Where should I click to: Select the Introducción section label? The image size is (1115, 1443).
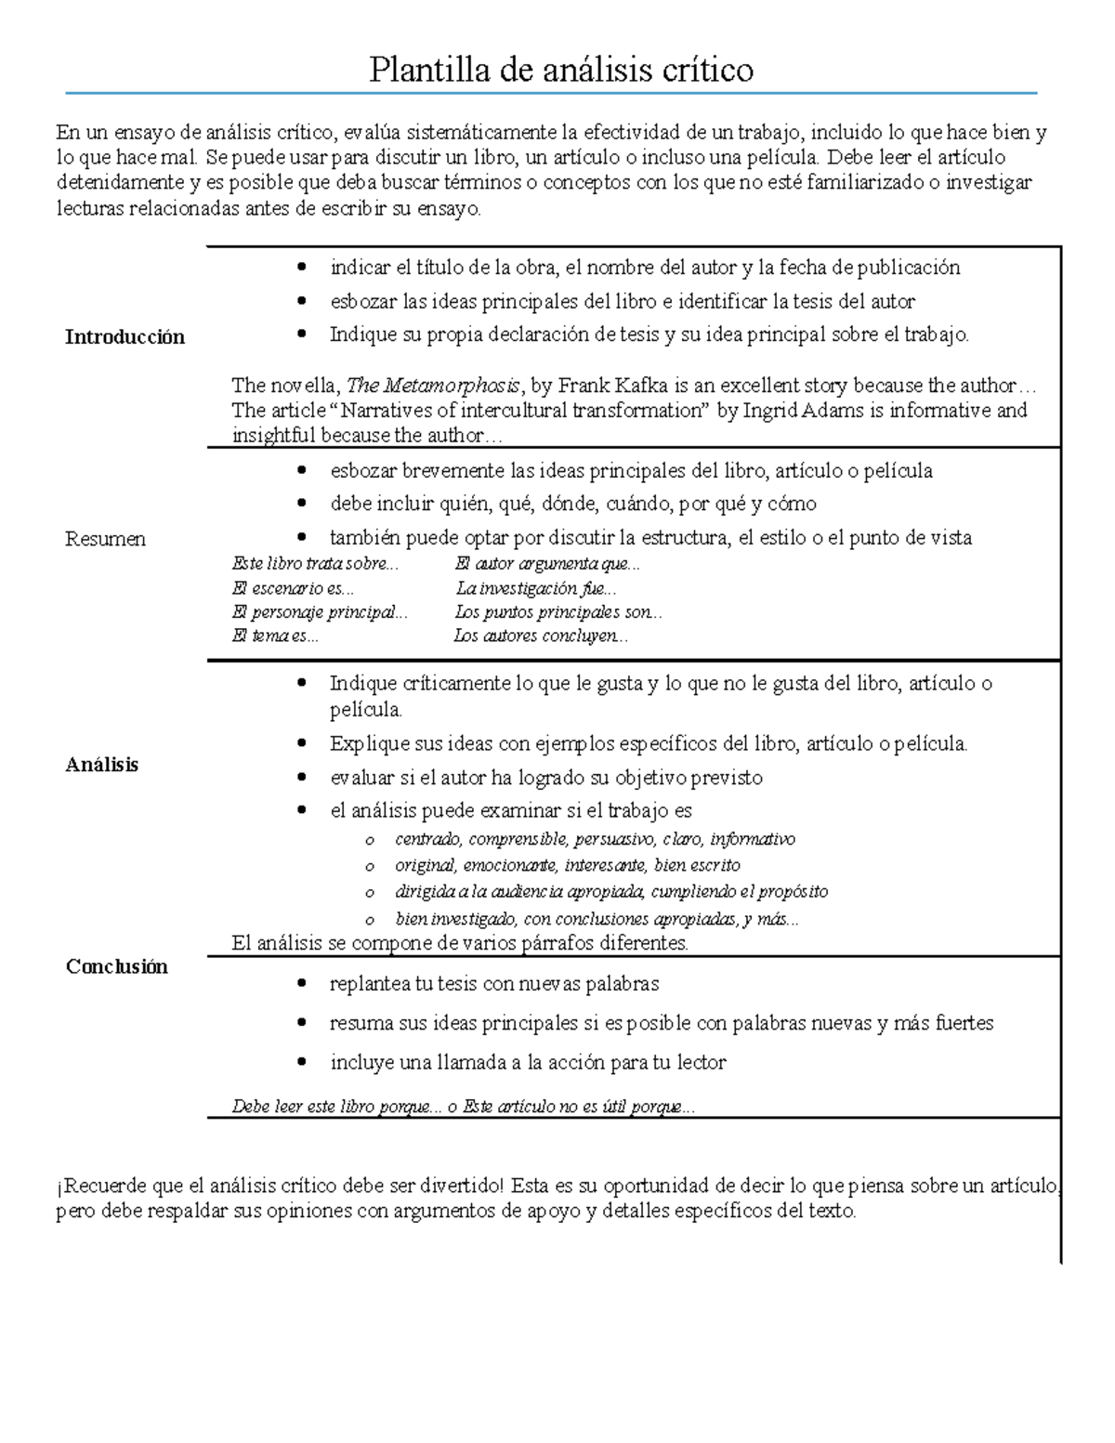(125, 337)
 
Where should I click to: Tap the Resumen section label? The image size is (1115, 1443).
(105, 539)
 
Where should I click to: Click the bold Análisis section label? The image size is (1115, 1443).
(101, 765)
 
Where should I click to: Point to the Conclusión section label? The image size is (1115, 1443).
(116, 966)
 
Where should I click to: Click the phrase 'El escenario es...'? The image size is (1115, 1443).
(293, 588)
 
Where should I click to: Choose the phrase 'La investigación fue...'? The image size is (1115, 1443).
(535, 588)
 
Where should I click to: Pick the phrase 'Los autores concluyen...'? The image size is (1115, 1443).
(541, 636)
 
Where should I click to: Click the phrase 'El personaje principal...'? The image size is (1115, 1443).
(319, 612)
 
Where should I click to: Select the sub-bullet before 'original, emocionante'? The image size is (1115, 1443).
(370, 867)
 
